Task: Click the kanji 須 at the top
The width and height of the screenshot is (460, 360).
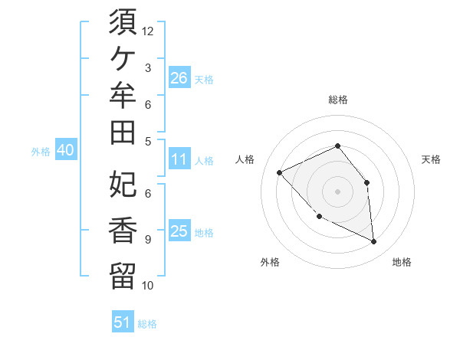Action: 123,21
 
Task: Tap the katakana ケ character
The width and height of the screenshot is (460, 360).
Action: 123,59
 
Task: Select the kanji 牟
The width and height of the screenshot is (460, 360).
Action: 123,95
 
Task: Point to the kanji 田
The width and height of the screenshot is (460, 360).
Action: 123,133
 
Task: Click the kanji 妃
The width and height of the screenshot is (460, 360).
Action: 123,184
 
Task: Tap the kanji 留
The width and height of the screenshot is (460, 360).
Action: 123,276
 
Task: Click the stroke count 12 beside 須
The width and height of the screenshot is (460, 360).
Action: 147,31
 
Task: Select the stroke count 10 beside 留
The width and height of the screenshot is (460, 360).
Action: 147,286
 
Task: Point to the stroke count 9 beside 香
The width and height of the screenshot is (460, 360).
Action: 148,240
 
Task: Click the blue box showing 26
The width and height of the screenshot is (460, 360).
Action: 179,77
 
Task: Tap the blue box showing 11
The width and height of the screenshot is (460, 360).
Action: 179,159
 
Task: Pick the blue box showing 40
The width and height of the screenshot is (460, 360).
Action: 66,149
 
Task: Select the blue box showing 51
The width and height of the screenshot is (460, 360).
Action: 123,321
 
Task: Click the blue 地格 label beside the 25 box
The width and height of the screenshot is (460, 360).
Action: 204,233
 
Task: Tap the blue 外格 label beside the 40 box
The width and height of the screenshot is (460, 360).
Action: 41,152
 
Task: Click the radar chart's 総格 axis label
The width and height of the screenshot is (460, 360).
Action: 338,100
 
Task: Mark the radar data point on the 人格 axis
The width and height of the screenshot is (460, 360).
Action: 280,172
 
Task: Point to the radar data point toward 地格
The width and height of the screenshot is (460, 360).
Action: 374,241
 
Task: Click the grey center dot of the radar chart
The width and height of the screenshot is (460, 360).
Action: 337,191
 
